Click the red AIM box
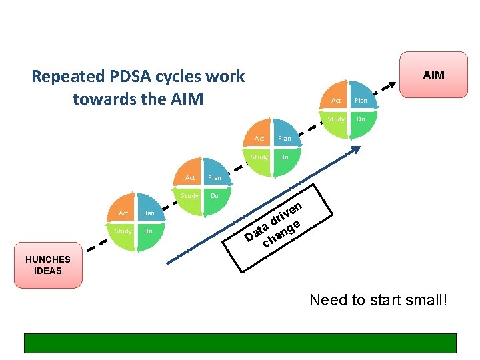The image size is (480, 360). click(x=433, y=75)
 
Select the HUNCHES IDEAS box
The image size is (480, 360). click(x=48, y=265)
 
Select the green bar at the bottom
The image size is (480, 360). click(x=240, y=343)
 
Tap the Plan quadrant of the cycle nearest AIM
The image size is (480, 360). click(x=361, y=100)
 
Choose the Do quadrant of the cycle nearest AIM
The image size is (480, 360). click(x=361, y=119)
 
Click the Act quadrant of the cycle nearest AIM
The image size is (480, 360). click(x=336, y=100)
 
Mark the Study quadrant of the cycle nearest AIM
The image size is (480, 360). click(x=336, y=119)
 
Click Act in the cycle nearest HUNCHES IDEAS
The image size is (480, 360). click(x=123, y=213)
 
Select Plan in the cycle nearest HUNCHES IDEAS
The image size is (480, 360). click(x=148, y=213)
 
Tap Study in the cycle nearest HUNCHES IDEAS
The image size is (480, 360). click(x=123, y=231)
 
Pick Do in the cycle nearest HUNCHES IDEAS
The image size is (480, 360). click(x=148, y=231)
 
